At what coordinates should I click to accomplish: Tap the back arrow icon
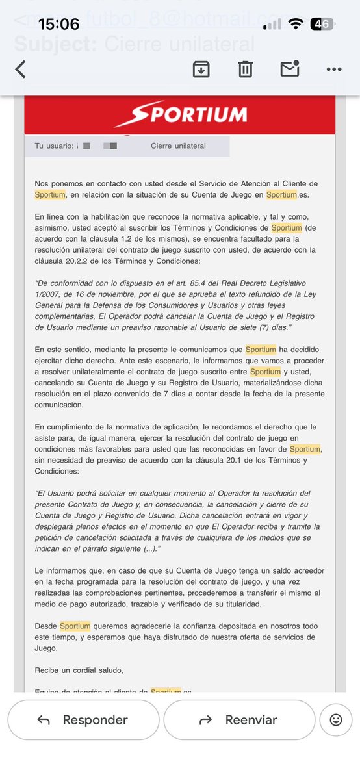pos(21,70)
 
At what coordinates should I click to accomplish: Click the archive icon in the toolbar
pos(201,70)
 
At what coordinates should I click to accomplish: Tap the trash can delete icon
pos(245,70)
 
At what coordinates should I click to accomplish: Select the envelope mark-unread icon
pos(290,69)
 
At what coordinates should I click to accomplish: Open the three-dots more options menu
pos(334,70)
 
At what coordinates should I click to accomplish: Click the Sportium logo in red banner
pos(180,116)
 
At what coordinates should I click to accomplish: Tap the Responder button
pos(83,720)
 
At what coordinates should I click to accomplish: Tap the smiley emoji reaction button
pos(336,720)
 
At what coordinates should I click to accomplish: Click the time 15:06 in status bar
pos(59,25)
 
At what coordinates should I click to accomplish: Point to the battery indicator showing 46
pos(322,25)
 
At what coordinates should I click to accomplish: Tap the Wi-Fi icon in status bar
pos(296,25)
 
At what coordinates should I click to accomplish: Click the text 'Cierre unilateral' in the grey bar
pos(178,146)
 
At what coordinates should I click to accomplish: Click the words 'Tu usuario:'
pos(54,146)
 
